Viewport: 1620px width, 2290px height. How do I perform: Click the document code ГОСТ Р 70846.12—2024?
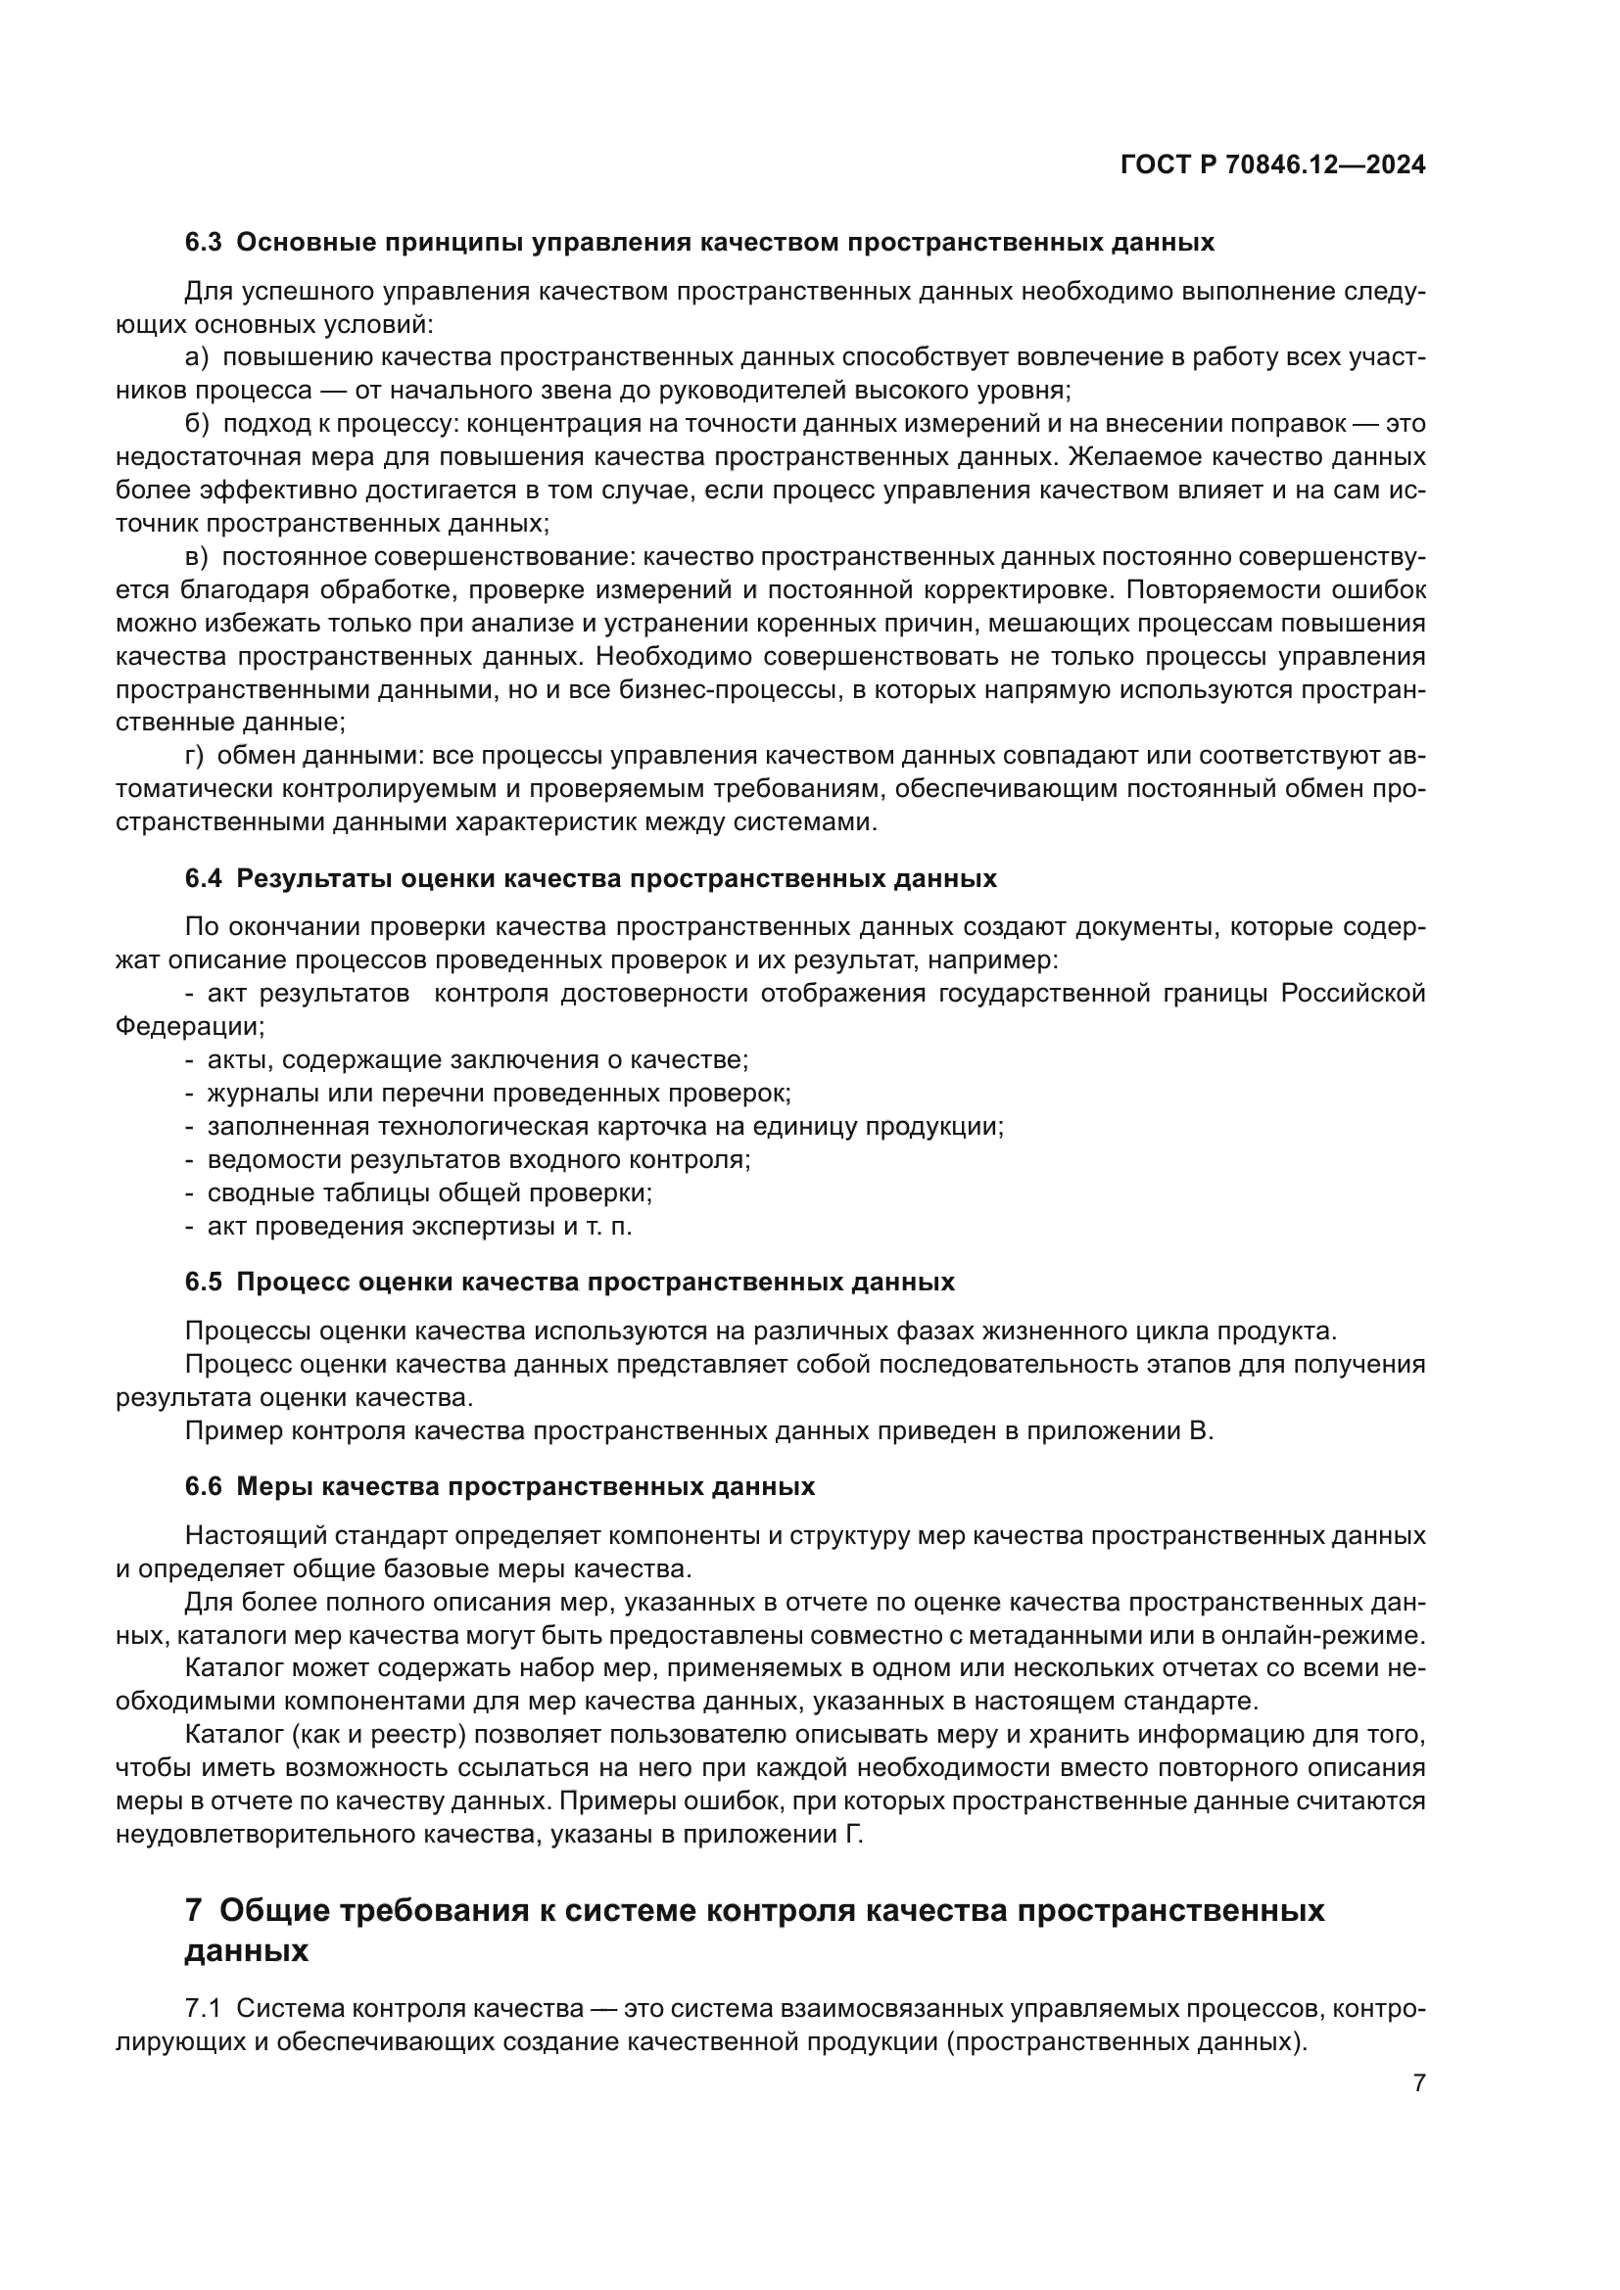coord(1273,165)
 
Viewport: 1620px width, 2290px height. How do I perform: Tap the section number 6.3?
coord(204,243)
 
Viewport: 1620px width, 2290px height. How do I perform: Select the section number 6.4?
coord(204,878)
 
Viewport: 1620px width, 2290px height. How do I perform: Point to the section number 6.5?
coord(204,1282)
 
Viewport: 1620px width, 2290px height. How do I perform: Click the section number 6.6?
coord(204,1486)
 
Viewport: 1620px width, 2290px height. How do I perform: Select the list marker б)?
coord(197,424)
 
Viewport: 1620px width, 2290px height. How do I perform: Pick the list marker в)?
coord(197,556)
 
